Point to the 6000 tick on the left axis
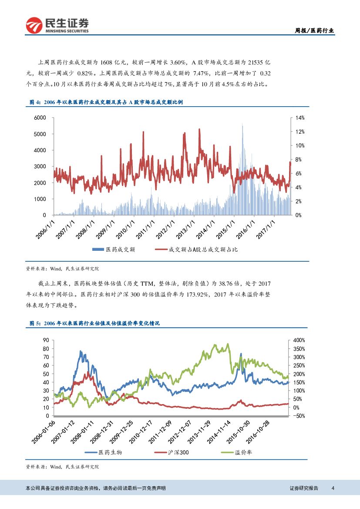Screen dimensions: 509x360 pyautogui.click(x=40, y=118)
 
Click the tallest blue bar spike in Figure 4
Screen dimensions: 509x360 pyautogui.click(x=242, y=125)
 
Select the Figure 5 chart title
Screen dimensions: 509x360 pyautogui.click(x=94, y=324)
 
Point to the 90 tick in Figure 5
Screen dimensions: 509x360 pyautogui.click(x=46, y=340)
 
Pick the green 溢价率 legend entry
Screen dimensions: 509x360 pyautogui.click(x=242, y=452)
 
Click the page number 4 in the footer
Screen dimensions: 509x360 pyautogui.click(x=333, y=488)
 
